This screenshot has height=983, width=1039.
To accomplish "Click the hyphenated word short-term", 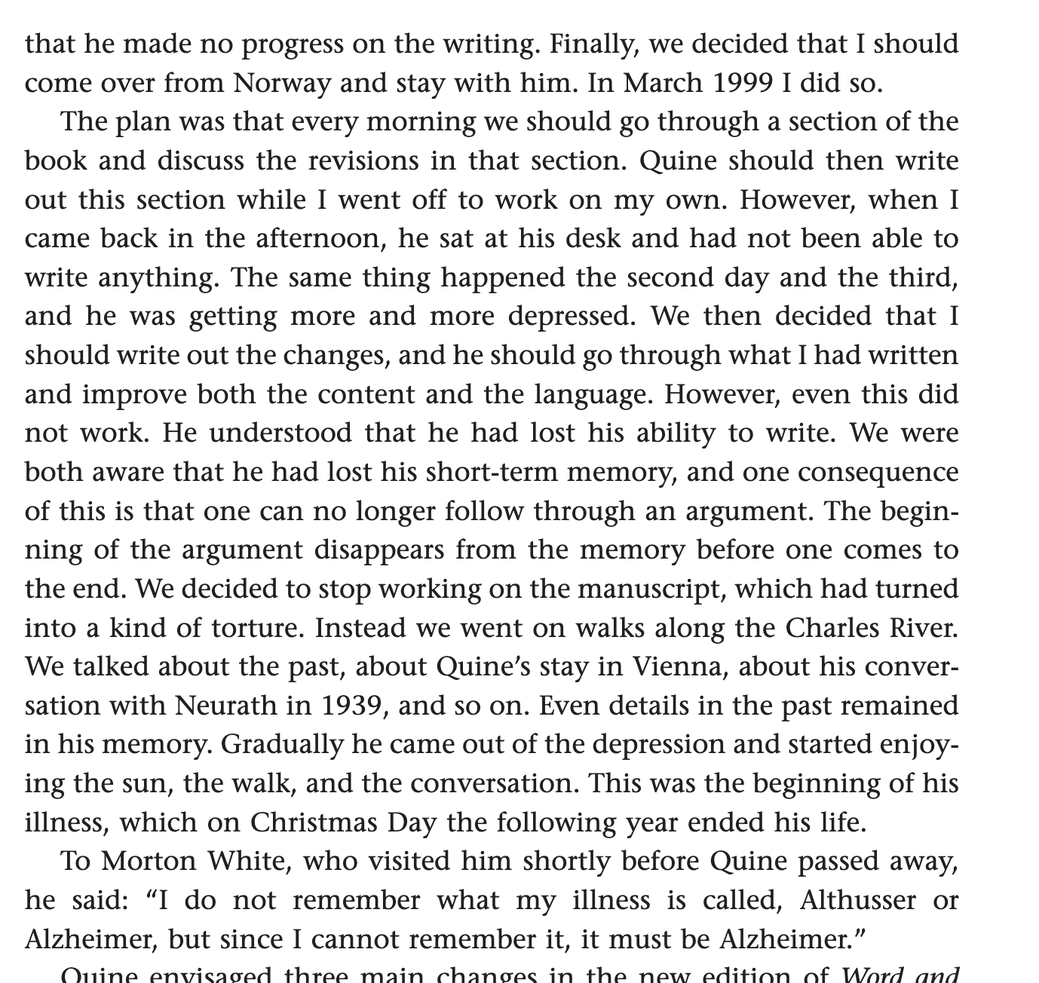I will pos(492,472).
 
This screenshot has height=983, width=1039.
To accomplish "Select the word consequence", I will pos(878,472).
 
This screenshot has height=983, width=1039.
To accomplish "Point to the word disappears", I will pos(389,550).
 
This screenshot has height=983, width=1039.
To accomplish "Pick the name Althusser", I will pos(857,899).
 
